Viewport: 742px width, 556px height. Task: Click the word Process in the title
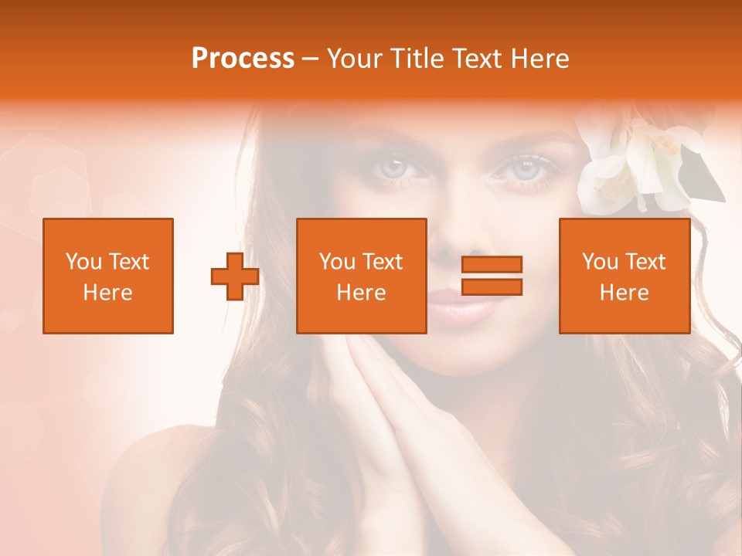[243, 59]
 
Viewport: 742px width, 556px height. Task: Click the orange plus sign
[235, 276]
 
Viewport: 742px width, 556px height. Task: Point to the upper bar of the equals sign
[492, 264]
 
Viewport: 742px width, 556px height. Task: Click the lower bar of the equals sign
[492, 286]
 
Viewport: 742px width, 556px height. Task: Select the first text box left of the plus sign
[107, 276]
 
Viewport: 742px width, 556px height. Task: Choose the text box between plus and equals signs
[361, 276]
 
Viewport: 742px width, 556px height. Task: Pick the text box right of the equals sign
[624, 276]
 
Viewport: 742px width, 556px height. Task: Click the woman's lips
[462, 310]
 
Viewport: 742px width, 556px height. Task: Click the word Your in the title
[352, 59]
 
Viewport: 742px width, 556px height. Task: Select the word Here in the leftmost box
[107, 293]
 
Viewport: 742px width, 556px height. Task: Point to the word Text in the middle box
[383, 262]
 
